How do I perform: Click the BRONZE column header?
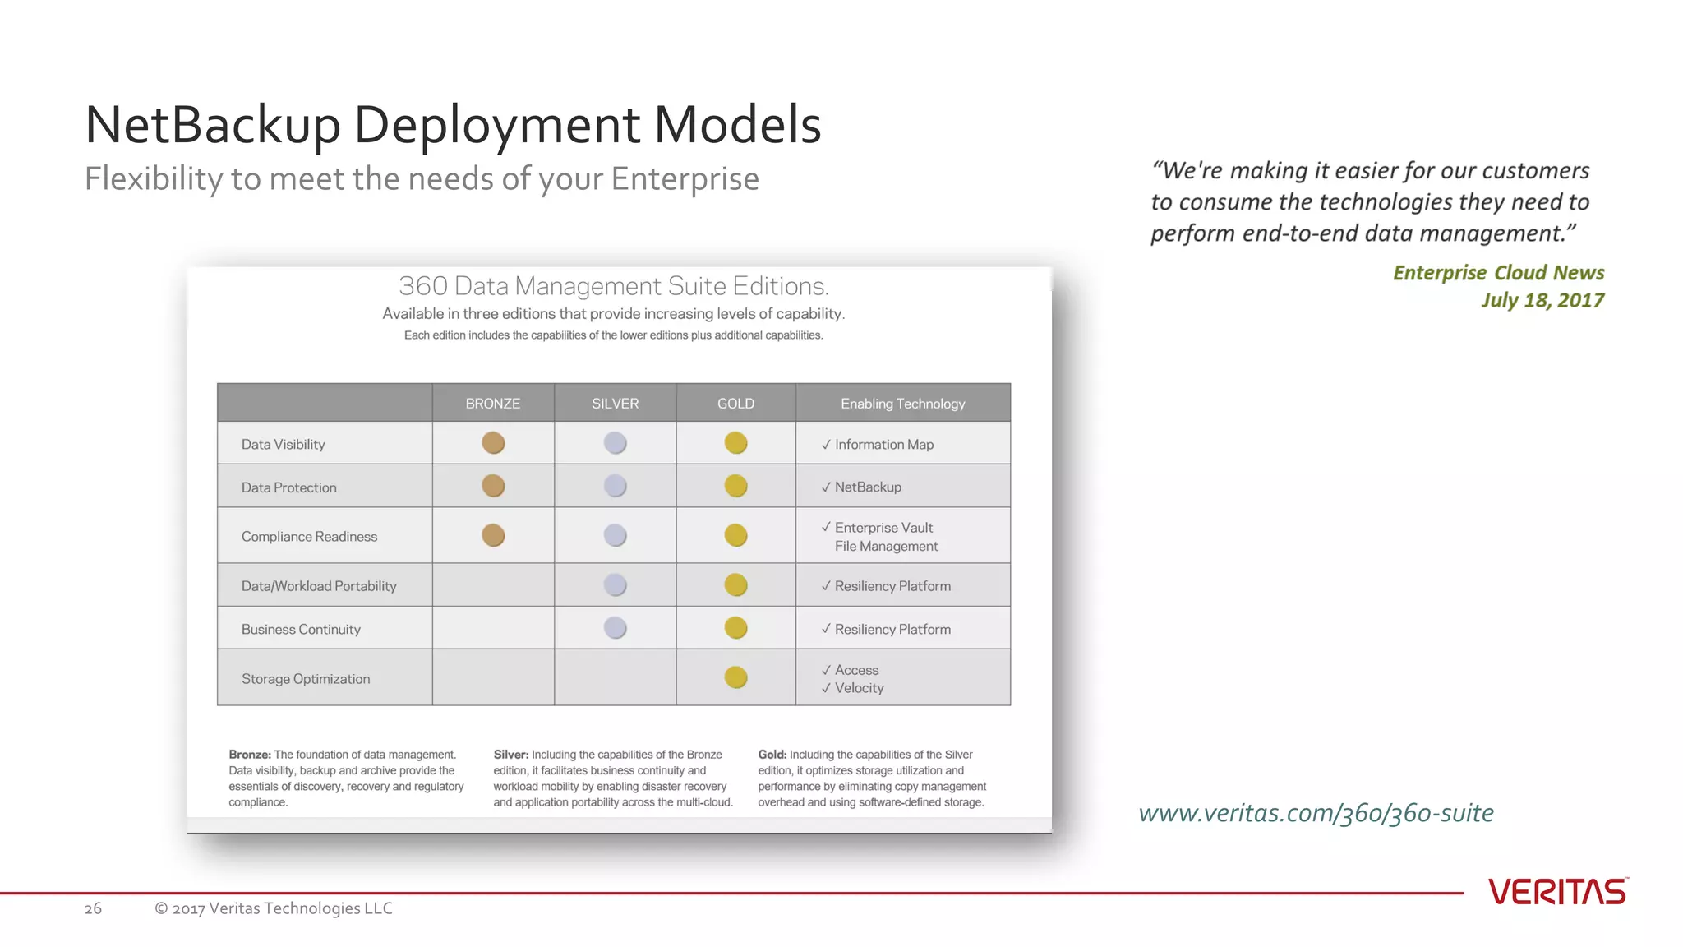(492, 404)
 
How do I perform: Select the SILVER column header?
(615, 404)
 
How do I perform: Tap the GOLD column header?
(735, 404)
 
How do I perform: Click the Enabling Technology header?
(902, 404)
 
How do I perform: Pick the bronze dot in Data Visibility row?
(493, 443)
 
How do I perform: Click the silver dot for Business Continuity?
(615, 628)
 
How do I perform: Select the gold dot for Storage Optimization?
(735, 677)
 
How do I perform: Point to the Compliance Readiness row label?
(309, 537)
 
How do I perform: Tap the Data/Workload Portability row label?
(319, 586)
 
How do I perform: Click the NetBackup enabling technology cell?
(868, 487)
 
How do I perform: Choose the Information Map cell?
(883, 445)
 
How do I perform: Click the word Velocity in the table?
(859, 688)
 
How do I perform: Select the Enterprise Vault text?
(883, 528)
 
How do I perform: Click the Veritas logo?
(1557, 892)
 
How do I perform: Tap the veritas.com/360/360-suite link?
(1316, 813)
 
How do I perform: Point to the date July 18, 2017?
(1542, 300)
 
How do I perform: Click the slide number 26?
(93, 908)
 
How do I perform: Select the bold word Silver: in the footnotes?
(510, 755)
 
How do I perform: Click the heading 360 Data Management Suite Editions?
(613, 286)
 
